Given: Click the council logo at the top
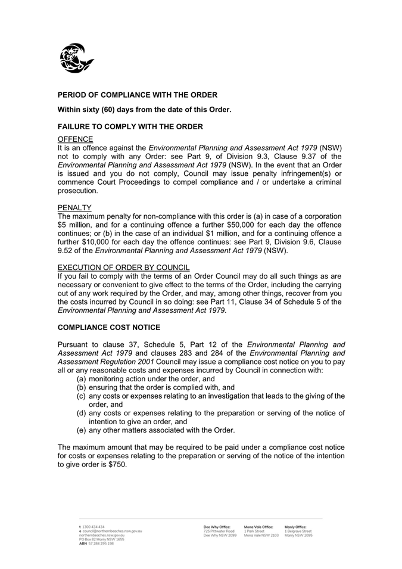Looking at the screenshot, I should point(76,58).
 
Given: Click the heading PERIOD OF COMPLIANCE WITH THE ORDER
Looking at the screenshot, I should point(137,95).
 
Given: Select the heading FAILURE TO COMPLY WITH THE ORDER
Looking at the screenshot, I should point(130,127).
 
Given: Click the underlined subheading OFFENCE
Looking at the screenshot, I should point(75,139).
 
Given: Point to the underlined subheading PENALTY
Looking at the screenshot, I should point(74,208).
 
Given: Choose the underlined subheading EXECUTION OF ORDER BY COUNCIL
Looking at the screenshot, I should point(123,268).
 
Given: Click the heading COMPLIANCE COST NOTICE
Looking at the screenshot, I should point(109,328).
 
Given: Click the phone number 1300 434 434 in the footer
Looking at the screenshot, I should point(94,527).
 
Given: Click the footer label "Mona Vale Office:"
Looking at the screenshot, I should point(258,527).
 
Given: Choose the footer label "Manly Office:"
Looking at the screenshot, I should point(295,527).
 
